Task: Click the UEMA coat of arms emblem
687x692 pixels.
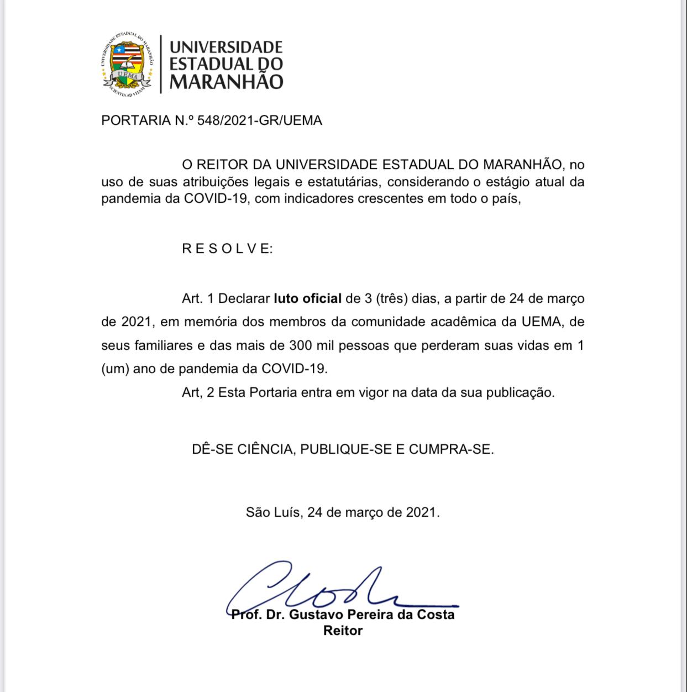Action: click(x=127, y=64)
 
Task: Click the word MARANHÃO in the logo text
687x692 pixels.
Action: click(x=226, y=82)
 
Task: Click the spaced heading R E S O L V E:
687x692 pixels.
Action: click(x=227, y=249)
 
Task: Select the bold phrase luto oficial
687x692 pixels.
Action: click(x=307, y=298)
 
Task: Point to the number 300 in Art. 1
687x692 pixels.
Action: click(x=301, y=345)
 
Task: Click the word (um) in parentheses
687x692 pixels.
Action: click(x=115, y=368)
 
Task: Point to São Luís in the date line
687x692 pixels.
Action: click(x=273, y=512)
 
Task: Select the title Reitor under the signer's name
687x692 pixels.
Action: click(x=343, y=631)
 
